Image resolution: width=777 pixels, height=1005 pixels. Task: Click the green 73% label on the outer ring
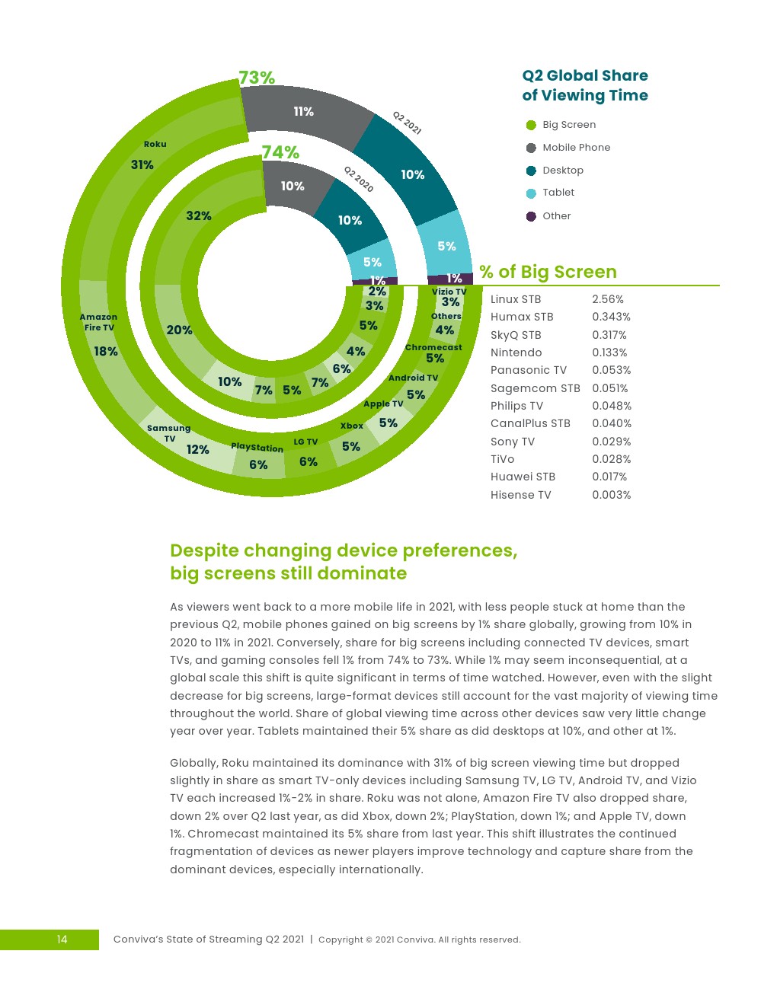pos(257,78)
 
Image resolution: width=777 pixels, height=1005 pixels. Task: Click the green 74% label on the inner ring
pos(280,152)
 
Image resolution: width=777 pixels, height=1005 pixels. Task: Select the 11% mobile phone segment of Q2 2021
pos(303,112)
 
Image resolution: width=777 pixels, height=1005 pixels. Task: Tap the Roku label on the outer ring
pos(155,144)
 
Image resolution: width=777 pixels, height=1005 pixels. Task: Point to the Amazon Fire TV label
pos(99,322)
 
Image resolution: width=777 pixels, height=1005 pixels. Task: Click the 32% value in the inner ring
pos(198,216)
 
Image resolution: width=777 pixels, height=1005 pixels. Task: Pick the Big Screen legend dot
pos(531,125)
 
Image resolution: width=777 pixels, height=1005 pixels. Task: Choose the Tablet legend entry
pos(558,193)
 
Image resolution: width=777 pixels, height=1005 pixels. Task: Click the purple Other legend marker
pos(531,216)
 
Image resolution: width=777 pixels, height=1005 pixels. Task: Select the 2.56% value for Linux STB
pos(608,299)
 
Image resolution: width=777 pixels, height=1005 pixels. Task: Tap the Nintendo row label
pos(516,353)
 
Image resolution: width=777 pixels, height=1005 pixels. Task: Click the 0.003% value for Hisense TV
pos(612,495)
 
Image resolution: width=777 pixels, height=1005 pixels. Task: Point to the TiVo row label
pos(503,459)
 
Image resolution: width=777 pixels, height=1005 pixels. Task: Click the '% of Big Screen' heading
pos(548,272)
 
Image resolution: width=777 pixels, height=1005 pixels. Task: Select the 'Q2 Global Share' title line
pos(585,75)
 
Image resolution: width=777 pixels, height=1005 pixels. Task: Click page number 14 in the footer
pos(62,940)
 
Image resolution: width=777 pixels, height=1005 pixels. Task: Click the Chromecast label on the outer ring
pos(433,347)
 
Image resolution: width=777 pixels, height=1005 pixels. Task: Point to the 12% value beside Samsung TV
pos(198,450)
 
